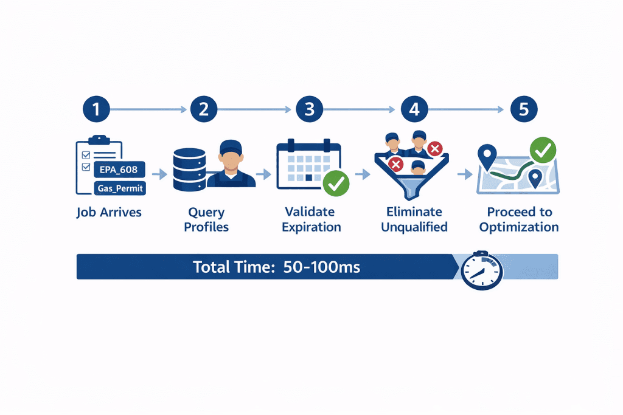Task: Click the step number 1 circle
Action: pos(98,109)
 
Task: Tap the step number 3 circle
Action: pos(309,109)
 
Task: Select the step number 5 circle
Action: pos(523,109)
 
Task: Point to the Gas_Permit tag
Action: pos(120,188)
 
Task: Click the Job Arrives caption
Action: pos(108,213)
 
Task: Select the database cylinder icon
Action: pos(189,168)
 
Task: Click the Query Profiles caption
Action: pos(206,220)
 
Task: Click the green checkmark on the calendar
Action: pos(335,182)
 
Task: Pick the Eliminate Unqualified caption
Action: pos(414,219)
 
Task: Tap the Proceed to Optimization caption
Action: pos(519,219)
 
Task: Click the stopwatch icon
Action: pos(482,269)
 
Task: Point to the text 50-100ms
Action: pos(322,267)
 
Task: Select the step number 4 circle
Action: pos(414,109)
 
